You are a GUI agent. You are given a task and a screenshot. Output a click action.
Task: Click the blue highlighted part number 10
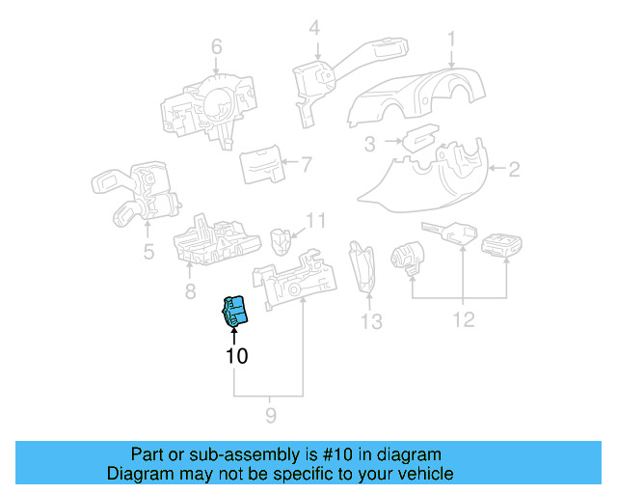click(x=235, y=312)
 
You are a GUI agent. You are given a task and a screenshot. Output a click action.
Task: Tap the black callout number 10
click(x=236, y=356)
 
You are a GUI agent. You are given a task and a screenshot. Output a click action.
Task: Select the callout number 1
click(x=450, y=39)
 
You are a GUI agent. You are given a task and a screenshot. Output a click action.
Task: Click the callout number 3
click(x=369, y=146)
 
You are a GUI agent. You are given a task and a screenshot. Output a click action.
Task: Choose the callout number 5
click(x=148, y=253)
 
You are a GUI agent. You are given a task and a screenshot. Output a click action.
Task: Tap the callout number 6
click(x=216, y=46)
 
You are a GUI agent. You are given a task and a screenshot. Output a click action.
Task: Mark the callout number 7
click(x=306, y=165)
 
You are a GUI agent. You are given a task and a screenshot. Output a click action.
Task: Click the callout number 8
click(x=190, y=290)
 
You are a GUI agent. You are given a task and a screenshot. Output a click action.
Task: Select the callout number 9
click(x=270, y=416)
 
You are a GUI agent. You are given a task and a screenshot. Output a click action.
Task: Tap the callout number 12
click(x=464, y=319)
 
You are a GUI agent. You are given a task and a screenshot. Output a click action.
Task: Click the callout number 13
click(x=371, y=320)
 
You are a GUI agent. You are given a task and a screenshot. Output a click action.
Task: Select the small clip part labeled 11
click(x=282, y=237)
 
